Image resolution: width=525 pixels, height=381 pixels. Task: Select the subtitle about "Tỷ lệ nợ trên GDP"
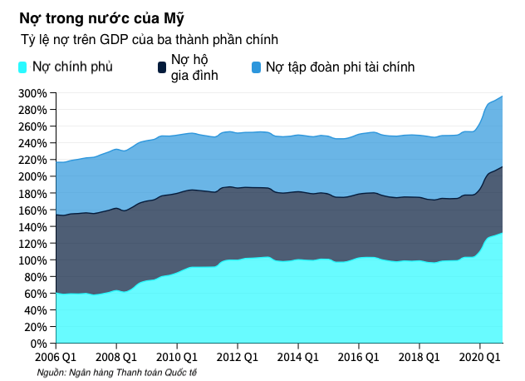(150, 39)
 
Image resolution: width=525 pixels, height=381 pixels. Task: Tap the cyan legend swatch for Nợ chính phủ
(22, 67)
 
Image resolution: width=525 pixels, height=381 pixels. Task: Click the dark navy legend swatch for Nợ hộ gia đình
(161, 67)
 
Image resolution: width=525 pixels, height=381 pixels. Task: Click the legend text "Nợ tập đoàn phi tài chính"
(340, 67)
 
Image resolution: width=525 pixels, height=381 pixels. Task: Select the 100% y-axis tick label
(33, 260)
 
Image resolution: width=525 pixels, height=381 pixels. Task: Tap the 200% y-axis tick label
(33, 176)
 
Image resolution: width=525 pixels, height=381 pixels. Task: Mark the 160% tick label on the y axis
(33, 210)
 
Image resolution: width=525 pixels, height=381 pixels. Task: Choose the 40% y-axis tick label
(37, 310)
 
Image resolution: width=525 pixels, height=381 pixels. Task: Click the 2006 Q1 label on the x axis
(56, 358)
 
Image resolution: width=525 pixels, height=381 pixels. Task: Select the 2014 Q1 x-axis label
(297, 358)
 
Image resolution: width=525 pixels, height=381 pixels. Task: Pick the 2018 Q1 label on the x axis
(419, 358)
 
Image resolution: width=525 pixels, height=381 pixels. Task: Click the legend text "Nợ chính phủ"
(73, 67)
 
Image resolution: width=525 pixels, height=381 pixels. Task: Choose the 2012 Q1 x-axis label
(237, 358)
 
